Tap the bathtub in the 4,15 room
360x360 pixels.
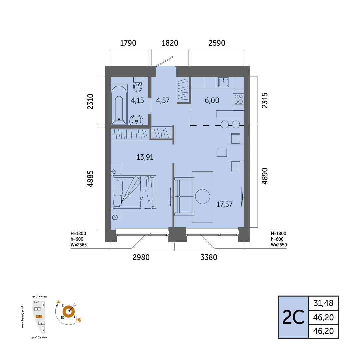[119, 104]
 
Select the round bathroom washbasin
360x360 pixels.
[136, 120]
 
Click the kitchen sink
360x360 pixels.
[223, 82]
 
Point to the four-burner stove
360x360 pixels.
[239, 99]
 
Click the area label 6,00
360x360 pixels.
[212, 100]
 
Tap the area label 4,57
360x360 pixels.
[163, 100]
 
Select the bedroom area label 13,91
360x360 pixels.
[145, 157]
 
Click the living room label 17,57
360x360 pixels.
[225, 204]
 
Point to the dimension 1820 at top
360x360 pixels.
[170, 43]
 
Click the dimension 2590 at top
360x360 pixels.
[217, 43]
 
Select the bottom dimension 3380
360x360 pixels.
[209, 257]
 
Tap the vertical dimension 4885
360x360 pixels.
[90, 179]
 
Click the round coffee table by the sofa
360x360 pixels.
[203, 196]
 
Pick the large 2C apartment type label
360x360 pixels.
[293, 317]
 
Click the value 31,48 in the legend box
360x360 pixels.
[323, 303]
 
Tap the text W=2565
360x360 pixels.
[79, 245]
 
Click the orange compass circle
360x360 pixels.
[69, 312]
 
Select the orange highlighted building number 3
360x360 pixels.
[39, 316]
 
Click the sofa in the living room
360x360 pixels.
[184, 197]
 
